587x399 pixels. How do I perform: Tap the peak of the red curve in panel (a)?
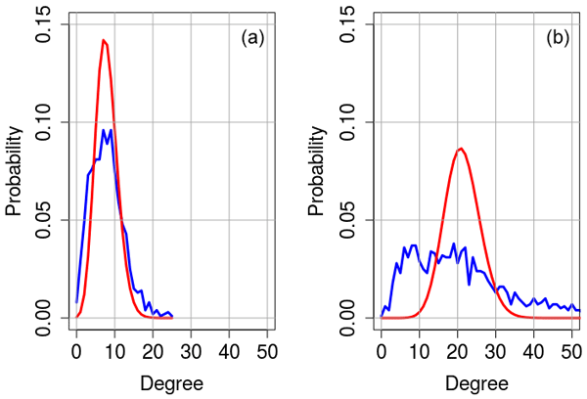pyautogui.click(x=104, y=40)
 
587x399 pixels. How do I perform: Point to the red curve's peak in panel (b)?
pyautogui.click(x=461, y=148)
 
